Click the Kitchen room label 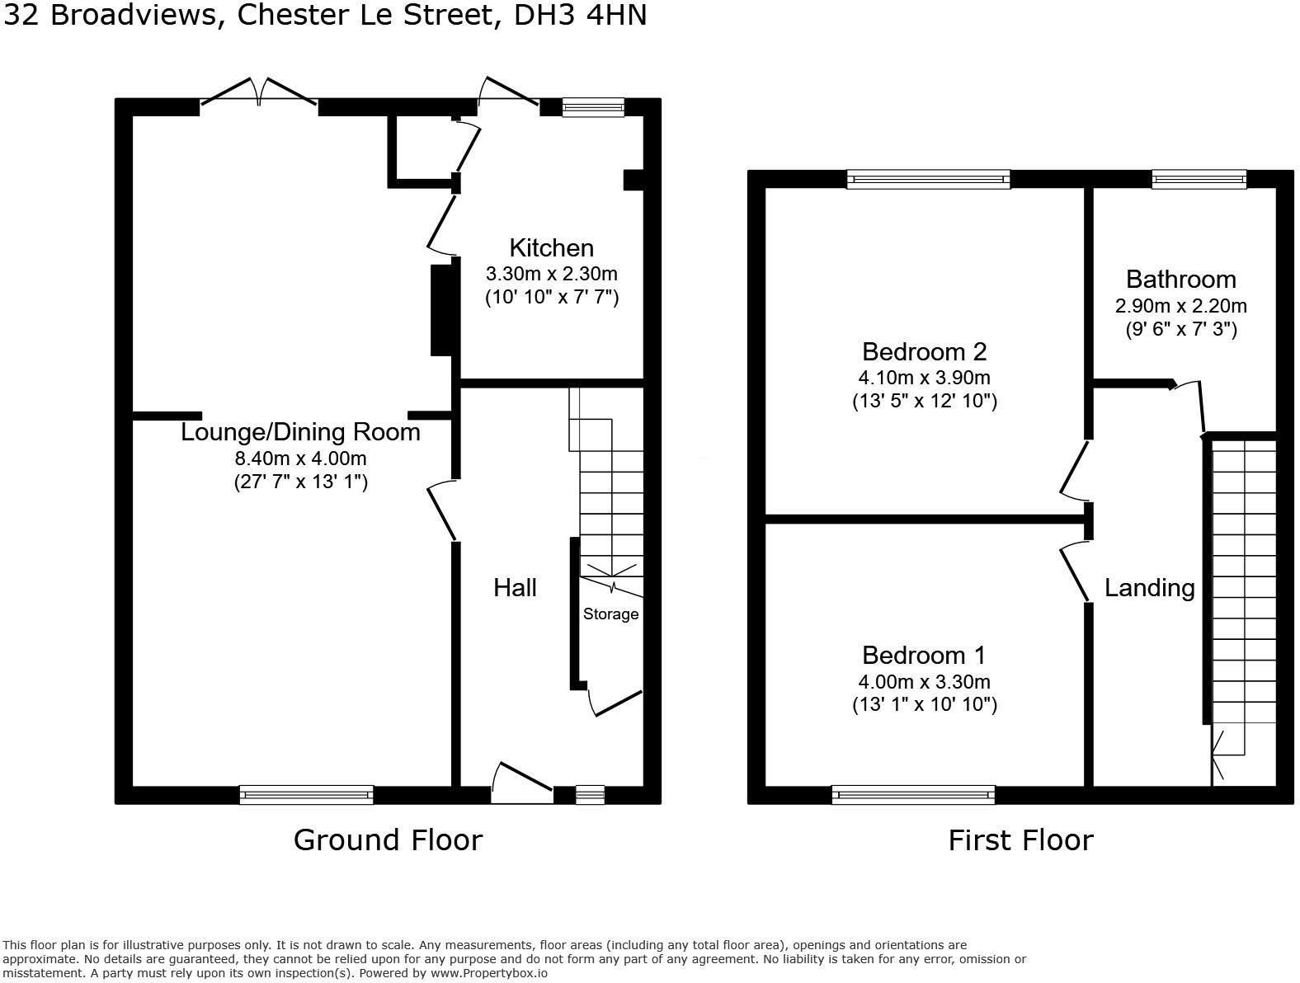[551, 248]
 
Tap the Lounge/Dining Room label [300, 432]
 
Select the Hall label [515, 587]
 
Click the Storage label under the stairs [610, 614]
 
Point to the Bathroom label [1180, 279]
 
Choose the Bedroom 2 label [924, 352]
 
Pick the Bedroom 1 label [924, 656]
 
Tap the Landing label [1149, 588]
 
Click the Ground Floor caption [388, 840]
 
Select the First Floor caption [1020, 840]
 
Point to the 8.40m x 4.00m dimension [300, 459]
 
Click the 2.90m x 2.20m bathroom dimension [1180, 306]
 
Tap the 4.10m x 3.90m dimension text [924, 379]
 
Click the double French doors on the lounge [259, 93]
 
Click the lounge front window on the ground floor [306, 794]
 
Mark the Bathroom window [1199, 179]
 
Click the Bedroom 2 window [928, 179]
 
